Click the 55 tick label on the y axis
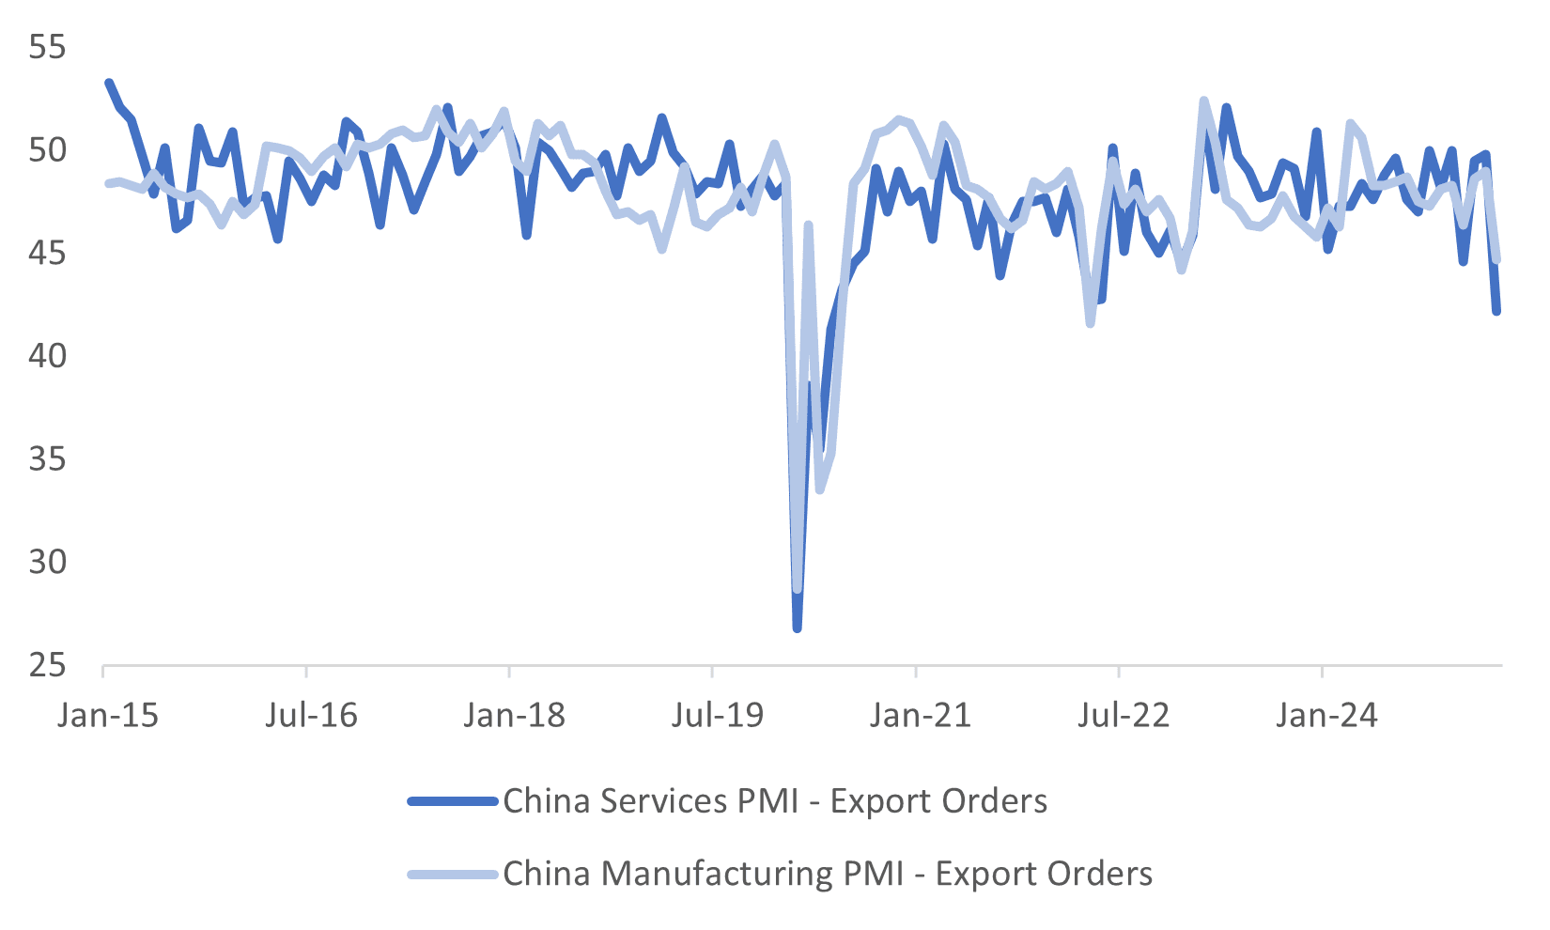[47, 47]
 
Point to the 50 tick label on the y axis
[47, 150]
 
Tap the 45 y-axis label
[47, 254]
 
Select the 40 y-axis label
[47, 356]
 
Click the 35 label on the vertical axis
[47, 459]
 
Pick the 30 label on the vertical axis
[47, 563]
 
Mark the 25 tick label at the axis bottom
[47, 666]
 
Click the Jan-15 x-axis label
[108, 716]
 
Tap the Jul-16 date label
[311, 716]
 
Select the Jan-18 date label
[515, 716]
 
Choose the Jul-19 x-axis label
[718, 716]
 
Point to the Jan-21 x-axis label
[921, 716]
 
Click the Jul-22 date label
[1124, 716]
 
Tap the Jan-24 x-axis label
[1326, 716]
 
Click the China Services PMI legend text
[775, 801]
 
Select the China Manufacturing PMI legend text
[828, 874]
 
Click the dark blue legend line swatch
[453, 801]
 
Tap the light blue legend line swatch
[453, 874]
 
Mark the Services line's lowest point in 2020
[797, 628]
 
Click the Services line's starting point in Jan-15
[109, 84]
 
